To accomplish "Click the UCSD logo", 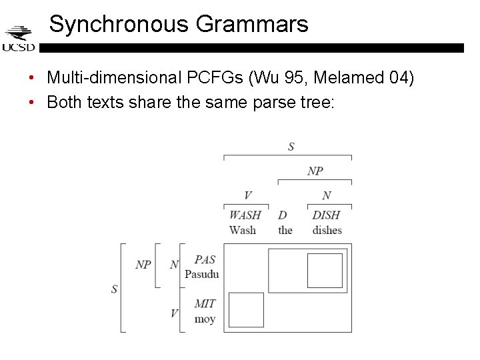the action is click(x=19, y=39).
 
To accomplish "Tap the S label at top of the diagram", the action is click(x=291, y=147).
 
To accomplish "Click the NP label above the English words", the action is click(x=315, y=171).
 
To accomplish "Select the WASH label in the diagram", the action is click(x=245, y=215).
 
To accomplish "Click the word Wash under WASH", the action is click(x=243, y=230).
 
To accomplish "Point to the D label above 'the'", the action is click(x=283, y=215).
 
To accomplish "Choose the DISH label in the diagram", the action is click(x=326, y=215).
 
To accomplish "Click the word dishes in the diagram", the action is click(x=327, y=230).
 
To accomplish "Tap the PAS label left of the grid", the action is click(x=205, y=260).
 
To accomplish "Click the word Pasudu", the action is click(x=201, y=274).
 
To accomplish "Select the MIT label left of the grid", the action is click(x=205, y=304).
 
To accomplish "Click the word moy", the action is click(x=205, y=319).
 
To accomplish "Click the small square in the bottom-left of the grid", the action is click(x=246, y=310).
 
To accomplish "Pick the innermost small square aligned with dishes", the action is click(x=325, y=270).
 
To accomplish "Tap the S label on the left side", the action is click(x=114, y=289).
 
